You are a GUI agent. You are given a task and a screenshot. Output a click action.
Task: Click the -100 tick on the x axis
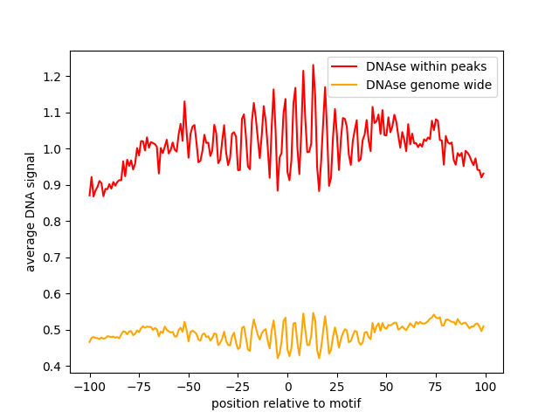89,387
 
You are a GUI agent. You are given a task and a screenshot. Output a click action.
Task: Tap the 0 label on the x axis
287,387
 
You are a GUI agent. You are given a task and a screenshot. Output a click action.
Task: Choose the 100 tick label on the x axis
486,387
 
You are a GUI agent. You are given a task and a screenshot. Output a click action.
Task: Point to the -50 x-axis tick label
188,387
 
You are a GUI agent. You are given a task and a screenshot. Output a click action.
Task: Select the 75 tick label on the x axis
436,387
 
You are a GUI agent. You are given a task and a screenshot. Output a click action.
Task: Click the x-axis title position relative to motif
286,403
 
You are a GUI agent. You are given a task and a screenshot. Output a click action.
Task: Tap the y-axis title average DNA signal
31,212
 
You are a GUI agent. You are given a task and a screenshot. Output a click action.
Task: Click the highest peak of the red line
313,65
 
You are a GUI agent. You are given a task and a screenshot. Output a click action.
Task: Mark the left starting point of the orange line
89,341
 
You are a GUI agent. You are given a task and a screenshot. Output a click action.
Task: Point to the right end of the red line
484,173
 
